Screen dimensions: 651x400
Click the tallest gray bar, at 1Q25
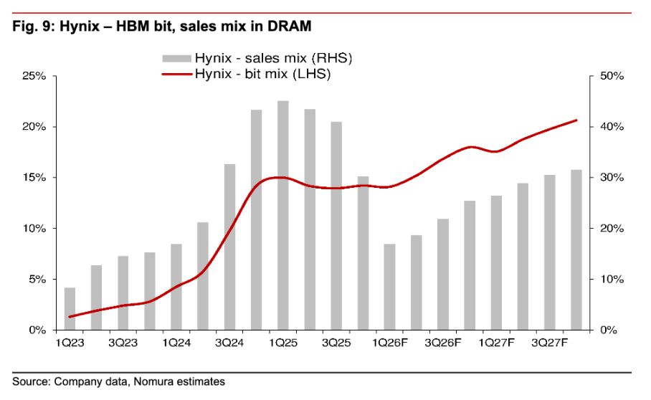tap(283, 215)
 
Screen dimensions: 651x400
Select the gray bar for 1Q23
tap(70, 309)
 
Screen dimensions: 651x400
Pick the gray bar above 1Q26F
tap(389, 287)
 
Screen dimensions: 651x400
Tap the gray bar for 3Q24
tap(229, 247)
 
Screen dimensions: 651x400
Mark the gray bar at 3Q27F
tap(549, 252)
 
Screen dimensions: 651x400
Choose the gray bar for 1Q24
tap(176, 287)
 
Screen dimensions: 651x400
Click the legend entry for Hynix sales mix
tap(257, 58)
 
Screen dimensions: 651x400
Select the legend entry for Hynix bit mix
tap(246, 74)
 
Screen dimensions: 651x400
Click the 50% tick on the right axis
tap(591, 76)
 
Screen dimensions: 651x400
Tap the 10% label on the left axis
tap(34, 229)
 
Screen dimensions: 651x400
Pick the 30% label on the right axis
tap(612, 178)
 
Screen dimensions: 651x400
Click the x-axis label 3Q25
tap(336, 343)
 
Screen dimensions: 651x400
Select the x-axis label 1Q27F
tap(497, 343)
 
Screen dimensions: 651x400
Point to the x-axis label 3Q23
tap(123, 343)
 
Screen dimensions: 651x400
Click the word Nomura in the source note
tap(153, 381)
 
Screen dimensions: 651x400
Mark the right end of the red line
tap(576, 120)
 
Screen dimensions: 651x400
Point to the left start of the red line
tap(70, 317)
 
